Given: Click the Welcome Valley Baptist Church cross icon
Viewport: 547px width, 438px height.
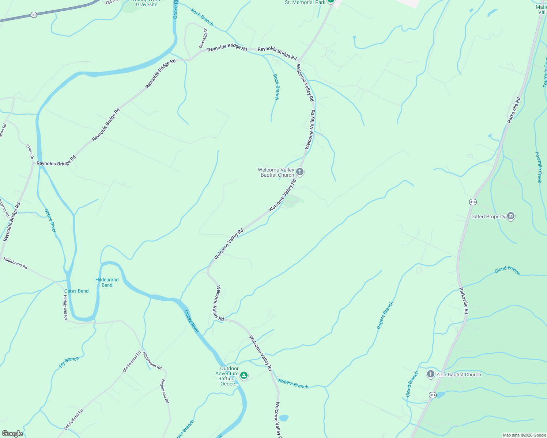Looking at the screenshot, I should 300,172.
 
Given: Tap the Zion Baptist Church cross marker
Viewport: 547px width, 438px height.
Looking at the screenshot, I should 431,374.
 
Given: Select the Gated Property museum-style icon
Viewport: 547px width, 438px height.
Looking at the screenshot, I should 511,216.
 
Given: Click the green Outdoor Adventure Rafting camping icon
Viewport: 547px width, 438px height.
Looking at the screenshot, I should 244,375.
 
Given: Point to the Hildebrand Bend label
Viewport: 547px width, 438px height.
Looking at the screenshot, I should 107,282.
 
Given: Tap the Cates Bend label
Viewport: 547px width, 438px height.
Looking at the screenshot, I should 76,291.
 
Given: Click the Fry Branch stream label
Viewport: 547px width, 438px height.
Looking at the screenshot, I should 69,362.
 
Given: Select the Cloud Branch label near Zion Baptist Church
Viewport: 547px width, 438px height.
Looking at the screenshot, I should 412,384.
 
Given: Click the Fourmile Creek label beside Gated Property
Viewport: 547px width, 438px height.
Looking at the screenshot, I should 539,167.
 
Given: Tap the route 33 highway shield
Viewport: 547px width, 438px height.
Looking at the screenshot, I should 34,15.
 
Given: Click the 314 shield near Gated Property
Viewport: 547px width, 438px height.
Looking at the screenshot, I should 473,202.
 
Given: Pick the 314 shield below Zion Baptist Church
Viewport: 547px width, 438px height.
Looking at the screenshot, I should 433,395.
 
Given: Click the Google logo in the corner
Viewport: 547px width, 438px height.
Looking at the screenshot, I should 12,433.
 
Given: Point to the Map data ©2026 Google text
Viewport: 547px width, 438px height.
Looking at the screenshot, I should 524,435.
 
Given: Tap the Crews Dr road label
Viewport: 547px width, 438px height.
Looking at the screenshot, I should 30,151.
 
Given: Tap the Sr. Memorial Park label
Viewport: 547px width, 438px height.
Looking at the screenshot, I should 305,3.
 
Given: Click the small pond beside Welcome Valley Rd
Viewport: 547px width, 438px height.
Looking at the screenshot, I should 283,418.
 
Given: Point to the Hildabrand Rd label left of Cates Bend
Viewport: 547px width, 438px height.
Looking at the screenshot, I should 15,263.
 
